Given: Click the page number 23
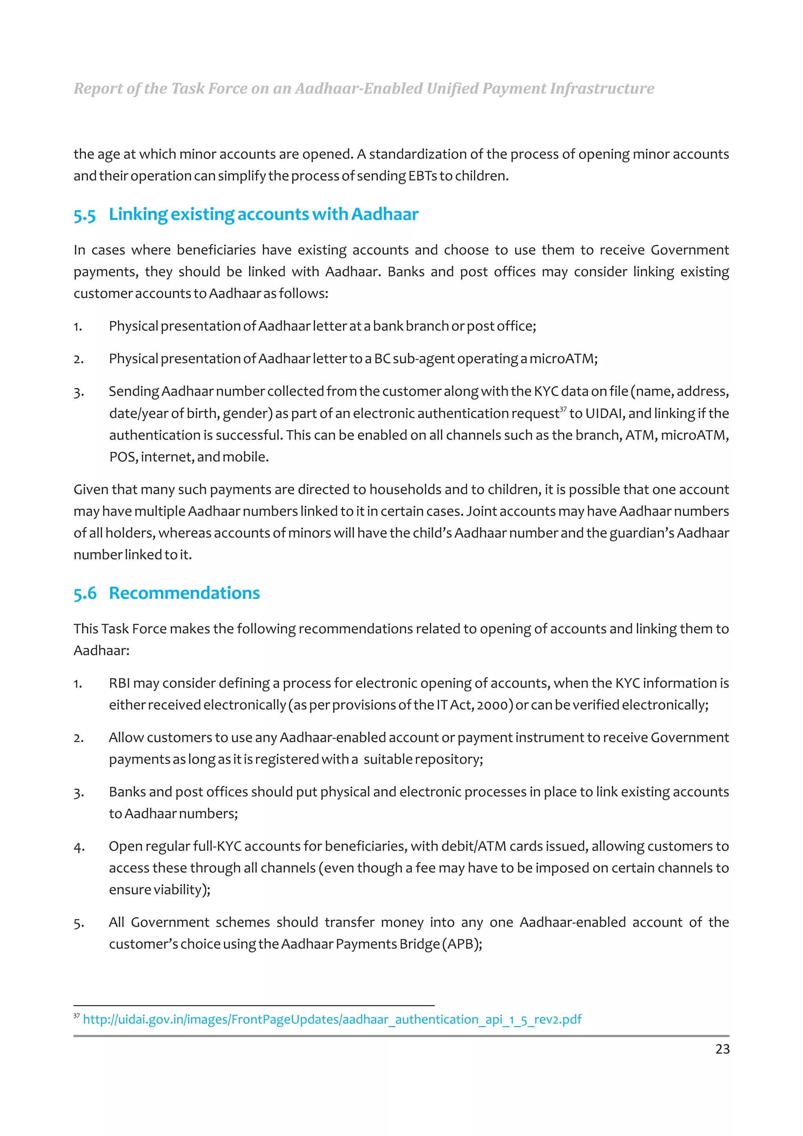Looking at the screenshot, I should point(722,1049).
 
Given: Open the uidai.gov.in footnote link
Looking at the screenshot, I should point(331,1019).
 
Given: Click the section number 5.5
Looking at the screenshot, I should point(85,215).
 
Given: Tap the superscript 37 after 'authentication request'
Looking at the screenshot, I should point(563,409).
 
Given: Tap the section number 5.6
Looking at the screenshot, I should point(85,593).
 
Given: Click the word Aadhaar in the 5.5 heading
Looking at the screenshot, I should point(385,214).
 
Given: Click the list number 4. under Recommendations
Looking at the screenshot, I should point(79,847).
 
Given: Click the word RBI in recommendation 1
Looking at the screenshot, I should point(119,683).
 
